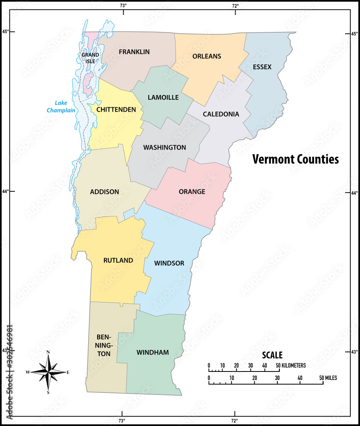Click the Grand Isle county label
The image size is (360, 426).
[90, 58]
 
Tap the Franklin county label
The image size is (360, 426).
[134, 52]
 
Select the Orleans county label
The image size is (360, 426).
[207, 56]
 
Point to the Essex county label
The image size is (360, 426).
[262, 67]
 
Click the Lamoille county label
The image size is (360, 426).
[163, 98]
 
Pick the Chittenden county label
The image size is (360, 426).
[116, 110]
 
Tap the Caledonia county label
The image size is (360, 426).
[221, 114]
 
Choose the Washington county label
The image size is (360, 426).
[164, 148]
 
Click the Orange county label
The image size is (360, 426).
[192, 192]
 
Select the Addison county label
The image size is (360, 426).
[104, 192]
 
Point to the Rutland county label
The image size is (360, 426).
[118, 260]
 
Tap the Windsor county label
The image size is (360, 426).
[169, 263]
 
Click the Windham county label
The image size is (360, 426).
[153, 353]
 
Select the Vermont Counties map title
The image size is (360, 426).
[295, 159]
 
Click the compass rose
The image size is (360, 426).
[48, 372]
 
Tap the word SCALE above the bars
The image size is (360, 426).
[272, 355]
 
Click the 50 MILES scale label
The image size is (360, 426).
[328, 378]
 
